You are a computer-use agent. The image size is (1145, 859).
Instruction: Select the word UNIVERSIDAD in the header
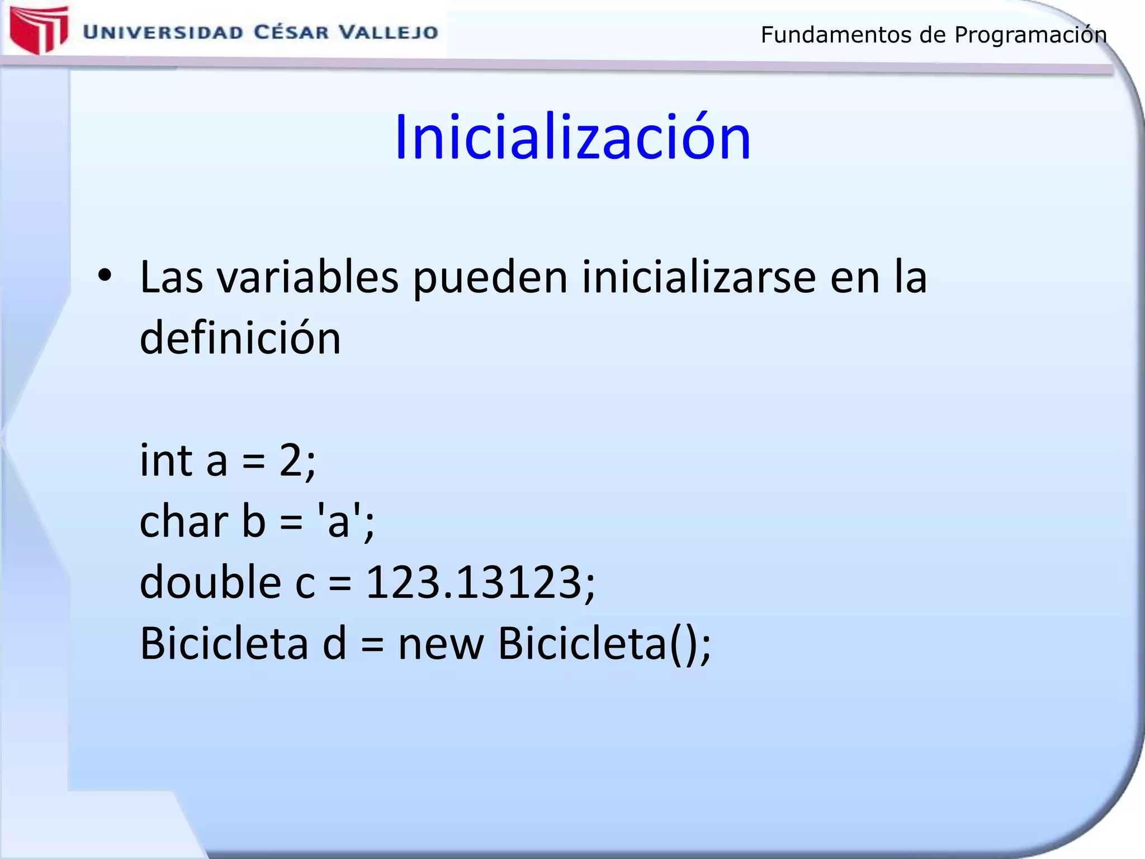(x=163, y=32)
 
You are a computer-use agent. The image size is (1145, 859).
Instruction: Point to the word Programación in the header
(x=1030, y=35)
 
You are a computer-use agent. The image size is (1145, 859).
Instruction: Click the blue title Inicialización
(x=572, y=138)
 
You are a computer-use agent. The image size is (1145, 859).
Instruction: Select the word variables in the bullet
(x=308, y=277)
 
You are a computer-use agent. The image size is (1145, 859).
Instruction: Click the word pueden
(x=490, y=279)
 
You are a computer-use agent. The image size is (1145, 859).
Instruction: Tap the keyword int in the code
(x=166, y=461)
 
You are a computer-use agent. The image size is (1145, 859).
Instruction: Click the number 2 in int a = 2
(x=291, y=461)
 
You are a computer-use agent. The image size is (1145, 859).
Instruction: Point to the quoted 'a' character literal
(x=338, y=521)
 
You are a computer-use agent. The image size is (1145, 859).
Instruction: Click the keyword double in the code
(x=210, y=582)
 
